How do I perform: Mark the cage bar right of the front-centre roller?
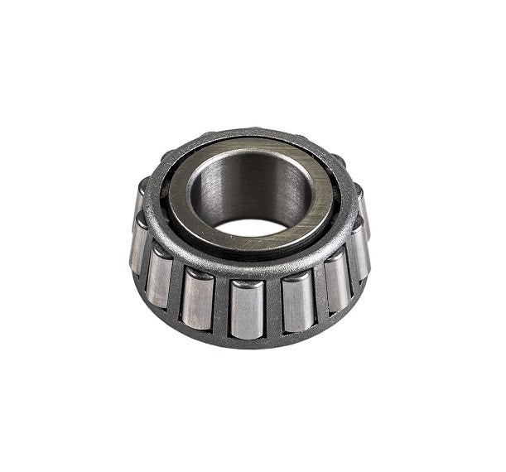click(272, 306)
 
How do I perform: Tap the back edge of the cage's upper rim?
click(248, 133)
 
